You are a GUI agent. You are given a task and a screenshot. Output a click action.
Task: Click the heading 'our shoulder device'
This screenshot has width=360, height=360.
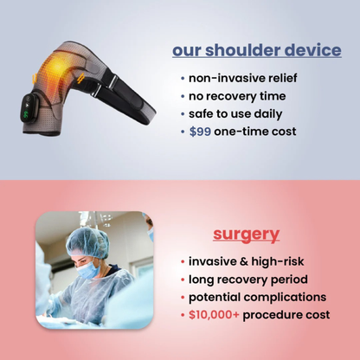[256, 50]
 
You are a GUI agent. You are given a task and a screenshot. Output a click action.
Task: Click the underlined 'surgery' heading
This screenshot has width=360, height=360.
[247, 234]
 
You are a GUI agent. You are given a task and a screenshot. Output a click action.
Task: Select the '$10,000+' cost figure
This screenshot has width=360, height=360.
[214, 314]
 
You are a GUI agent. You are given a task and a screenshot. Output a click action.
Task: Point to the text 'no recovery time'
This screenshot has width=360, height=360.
[236, 95]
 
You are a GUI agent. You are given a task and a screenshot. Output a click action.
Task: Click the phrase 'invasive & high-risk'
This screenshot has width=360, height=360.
[246, 261]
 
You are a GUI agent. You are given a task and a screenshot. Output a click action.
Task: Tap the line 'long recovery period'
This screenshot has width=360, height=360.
[248, 279]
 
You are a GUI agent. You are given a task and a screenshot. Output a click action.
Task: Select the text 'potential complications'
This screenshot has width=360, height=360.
[257, 297]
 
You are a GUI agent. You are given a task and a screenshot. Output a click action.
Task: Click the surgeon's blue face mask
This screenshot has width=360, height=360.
[90, 271]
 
